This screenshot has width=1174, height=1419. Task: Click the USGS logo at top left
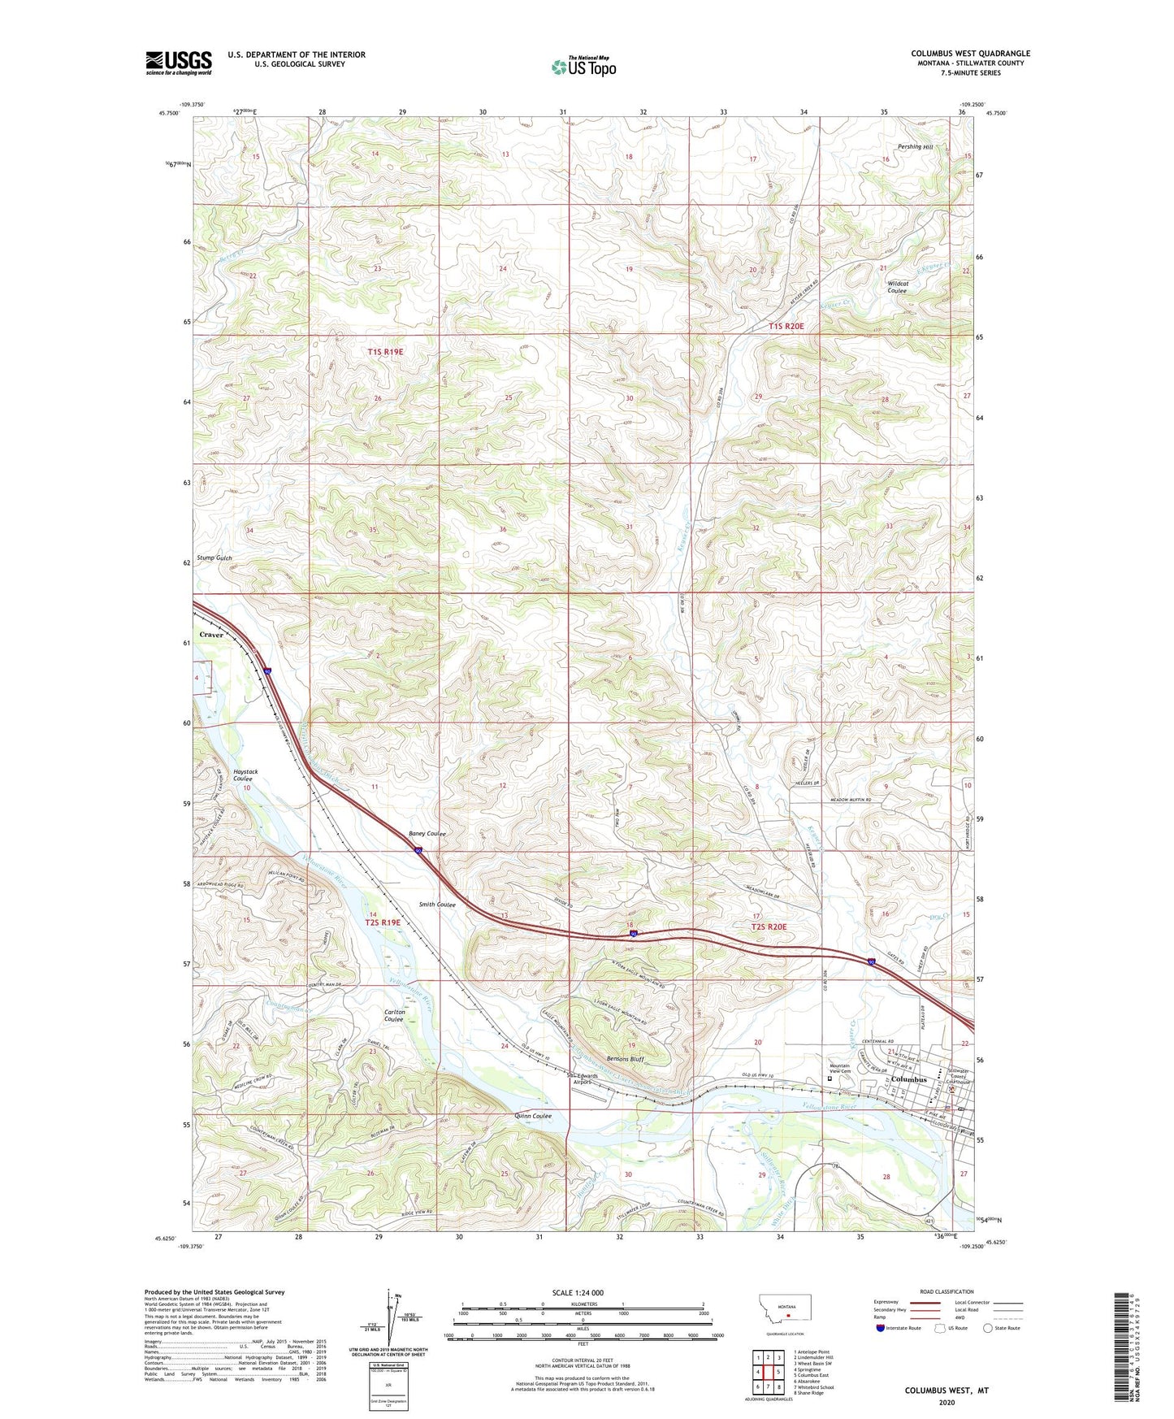pos(179,63)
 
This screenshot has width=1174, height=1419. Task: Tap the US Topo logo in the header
pos(583,67)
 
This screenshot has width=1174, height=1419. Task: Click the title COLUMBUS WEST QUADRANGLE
pos(969,54)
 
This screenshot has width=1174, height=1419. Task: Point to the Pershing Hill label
pos(915,147)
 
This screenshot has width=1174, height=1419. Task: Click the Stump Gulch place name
pos(214,558)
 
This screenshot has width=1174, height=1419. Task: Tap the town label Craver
pos(211,635)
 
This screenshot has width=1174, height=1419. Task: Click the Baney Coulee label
pos(427,834)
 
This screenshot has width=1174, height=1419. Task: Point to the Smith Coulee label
pos(437,905)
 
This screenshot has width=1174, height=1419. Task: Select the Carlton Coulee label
pos(394,1016)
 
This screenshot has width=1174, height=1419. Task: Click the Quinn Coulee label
pos(533,1116)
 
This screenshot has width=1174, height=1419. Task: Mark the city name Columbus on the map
pos(908,1079)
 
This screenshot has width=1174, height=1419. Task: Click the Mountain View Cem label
pos(839,1068)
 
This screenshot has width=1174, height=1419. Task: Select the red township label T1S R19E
pos(385,352)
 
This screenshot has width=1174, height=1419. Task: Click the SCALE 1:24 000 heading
pos(578,1292)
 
